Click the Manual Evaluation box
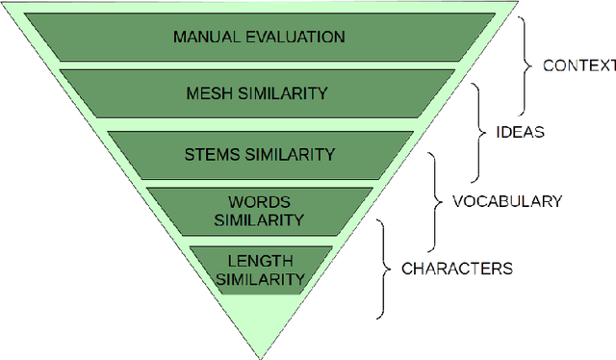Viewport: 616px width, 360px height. click(x=258, y=38)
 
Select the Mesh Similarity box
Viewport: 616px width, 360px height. click(x=258, y=93)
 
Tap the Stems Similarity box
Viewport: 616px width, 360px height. click(x=260, y=153)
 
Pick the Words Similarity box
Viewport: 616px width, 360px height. click(x=260, y=211)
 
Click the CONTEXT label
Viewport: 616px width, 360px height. click(x=578, y=65)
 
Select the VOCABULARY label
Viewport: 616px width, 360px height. click(x=507, y=201)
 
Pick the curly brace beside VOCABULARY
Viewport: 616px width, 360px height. click(x=438, y=201)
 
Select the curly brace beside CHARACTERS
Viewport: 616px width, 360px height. click(x=385, y=268)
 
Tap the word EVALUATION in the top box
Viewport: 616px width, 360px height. click(x=293, y=38)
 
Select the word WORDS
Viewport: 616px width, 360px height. click(x=260, y=202)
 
